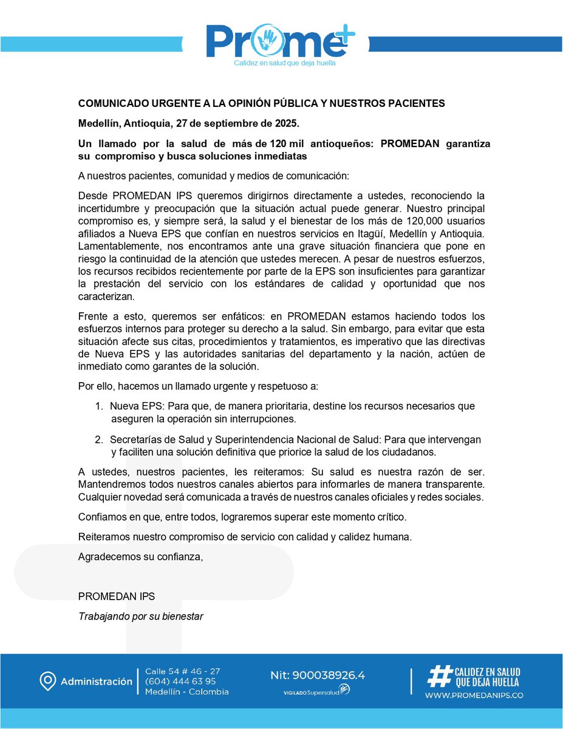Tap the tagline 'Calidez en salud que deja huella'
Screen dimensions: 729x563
click(284, 63)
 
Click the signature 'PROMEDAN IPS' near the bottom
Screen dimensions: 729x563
click(112, 597)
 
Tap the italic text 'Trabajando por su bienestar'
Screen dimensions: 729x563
click(140, 616)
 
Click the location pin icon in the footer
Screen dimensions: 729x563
click(47, 682)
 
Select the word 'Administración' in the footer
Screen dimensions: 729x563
click(96, 682)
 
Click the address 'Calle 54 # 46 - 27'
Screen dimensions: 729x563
click(182, 671)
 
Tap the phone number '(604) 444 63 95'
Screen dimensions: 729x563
click(180, 681)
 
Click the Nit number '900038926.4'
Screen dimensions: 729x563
click(329, 676)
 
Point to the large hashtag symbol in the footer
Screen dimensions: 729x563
click(438, 677)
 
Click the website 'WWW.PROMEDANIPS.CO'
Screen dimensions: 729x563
click(474, 695)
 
